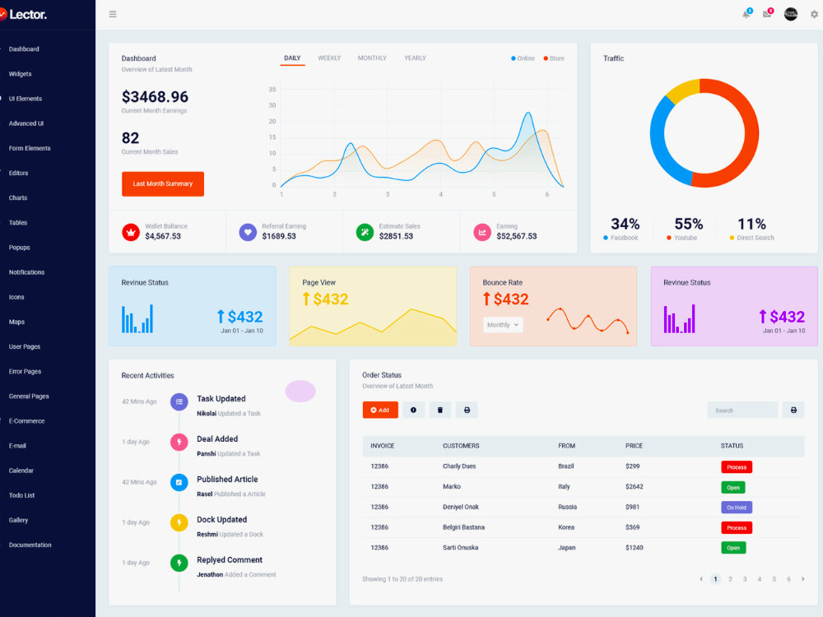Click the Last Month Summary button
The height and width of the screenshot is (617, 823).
163,183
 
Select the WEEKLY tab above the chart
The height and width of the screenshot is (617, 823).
329,58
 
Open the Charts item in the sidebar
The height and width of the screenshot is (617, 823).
18,197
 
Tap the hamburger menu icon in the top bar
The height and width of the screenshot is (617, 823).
112,14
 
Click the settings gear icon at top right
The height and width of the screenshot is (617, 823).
814,14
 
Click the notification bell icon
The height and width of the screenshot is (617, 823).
746,14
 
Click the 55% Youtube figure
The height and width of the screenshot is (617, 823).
688,224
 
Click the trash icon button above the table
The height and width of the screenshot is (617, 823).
439,411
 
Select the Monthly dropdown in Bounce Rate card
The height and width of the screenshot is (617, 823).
502,325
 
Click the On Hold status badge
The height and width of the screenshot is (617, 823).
737,508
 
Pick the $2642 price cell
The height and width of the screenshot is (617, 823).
634,486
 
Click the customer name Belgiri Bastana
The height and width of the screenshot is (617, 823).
463,527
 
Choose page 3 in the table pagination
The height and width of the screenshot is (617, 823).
744,579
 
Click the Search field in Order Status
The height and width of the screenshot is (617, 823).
742,411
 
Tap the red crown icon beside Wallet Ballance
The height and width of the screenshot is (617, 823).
131,231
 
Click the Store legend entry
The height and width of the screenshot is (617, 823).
554,58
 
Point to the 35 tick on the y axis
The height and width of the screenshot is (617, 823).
272,89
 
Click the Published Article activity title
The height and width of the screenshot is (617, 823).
227,479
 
